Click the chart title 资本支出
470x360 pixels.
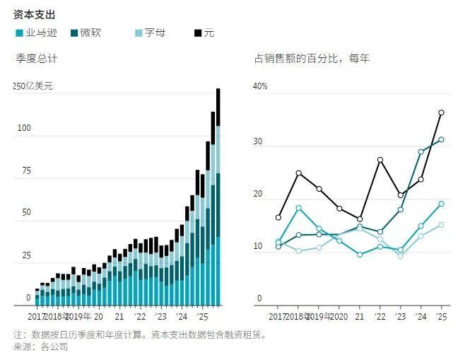[x=35, y=14]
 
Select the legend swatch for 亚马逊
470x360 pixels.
[x=19, y=33]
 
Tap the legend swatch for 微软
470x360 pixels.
[x=74, y=33]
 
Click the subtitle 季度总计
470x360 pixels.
[x=37, y=59]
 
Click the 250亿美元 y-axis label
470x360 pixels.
[x=33, y=86]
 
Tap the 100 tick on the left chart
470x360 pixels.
[x=24, y=128]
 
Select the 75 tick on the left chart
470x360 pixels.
[x=26, y=170]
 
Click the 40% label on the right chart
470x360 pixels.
[x=261, y=86]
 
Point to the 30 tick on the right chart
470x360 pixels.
[x=258, y=141]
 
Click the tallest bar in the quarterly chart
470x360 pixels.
[x=218, y=198]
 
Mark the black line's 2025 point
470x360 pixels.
[x=441, y=112]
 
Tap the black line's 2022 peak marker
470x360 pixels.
[x=380, y=160]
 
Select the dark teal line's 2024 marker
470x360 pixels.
[x=421, y=151]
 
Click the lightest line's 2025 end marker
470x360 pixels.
[x=441, y=225]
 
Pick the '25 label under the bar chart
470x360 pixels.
[x=202, y=317]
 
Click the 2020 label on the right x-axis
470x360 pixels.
[x=339, y=317]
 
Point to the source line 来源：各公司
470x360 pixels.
[x=41, y=347]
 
